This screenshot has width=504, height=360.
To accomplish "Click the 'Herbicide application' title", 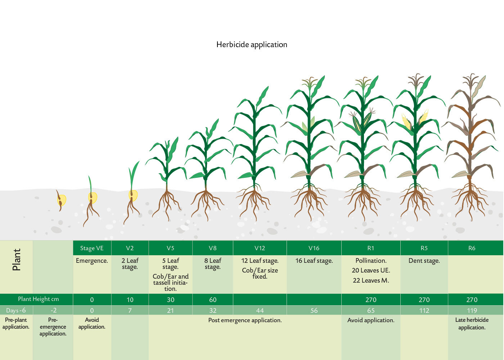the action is click(252, 45).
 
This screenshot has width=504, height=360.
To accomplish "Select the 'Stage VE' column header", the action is click(92, 248).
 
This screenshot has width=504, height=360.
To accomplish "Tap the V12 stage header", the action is click(260, 248).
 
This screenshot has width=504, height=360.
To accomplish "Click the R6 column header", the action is click(472, 248).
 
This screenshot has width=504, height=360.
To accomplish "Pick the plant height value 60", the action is click(213, 300).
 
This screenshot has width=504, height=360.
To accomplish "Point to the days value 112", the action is click(424, 310).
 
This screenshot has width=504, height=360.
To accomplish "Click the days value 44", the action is click(260, 310).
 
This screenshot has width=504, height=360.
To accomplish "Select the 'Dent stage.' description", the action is click(424, 261).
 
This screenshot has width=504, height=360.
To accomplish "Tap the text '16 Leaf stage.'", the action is click(314, 261).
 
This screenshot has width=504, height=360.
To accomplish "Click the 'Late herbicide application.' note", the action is click(472, 324).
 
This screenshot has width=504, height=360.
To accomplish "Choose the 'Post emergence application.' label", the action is click(245, 320).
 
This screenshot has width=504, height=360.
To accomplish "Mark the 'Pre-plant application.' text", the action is click(16, 323).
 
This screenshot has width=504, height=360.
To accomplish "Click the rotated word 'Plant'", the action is click(17, 260).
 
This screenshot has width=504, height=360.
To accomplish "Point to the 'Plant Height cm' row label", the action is click(38, 299).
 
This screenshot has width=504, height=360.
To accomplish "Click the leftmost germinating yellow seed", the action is click(62, 200).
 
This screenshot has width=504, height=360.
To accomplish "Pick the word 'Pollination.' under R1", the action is click(371, 261).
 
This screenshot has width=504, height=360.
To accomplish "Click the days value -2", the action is click(54, 310).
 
